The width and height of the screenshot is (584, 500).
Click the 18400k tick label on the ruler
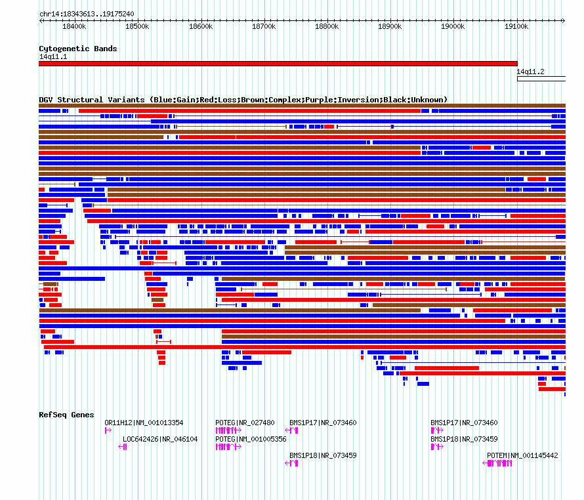click(74, 26)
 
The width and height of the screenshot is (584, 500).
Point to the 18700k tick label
click(264, 26)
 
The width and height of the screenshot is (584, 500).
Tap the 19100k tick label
click(516, 26)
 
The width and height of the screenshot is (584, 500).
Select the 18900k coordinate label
click(390, 26)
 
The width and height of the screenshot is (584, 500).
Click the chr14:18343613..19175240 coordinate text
click(87, 14)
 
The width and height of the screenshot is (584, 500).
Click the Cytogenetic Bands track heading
click(77, 49)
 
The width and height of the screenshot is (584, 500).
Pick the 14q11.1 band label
click(52, 56)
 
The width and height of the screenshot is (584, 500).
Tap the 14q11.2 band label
click(530, 72)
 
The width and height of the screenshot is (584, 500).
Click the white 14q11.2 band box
click(541, 79)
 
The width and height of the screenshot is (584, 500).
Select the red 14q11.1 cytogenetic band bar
click(278, 64)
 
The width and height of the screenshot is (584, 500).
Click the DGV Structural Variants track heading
click(243, 100)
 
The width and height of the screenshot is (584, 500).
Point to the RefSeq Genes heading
click(66, 415)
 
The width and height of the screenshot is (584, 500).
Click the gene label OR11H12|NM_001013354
click(144, 423)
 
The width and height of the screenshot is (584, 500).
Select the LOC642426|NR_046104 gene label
click(160, 439)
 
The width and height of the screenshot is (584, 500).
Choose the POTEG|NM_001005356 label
click(251, 439)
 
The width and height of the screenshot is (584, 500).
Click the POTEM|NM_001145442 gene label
click(522, 455)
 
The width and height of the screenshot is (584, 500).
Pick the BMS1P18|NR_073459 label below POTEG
click(323, 455)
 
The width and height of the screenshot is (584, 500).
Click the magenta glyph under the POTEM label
click(497, 463)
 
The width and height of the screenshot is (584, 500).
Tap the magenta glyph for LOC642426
click(123, 447)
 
